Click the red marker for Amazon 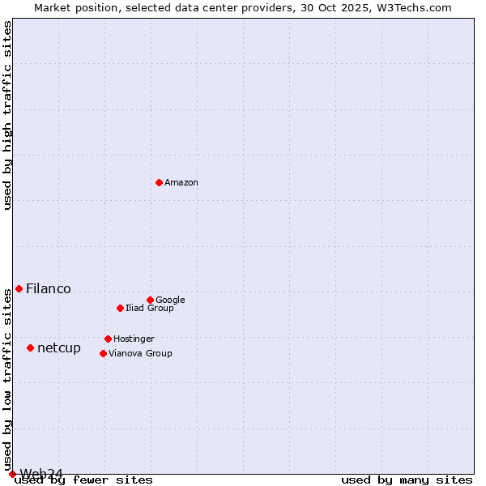tap(159, 182)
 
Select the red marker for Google tap(150, 300)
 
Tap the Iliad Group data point tap(120, 308)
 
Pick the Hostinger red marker tap(108, 339)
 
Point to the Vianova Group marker tap(103, 353)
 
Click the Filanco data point tap(19, 288)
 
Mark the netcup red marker tap(30, 347)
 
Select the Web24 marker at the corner tap(12, 474)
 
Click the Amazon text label tap(181, 182)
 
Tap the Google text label tap(170, 300)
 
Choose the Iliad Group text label tap(149, 308)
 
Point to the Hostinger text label tap(134, 339)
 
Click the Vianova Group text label tap(140, 353)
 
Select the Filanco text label tap(49, 288)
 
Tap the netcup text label tap(59, 347)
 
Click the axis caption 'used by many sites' tap(407, 480)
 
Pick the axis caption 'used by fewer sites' tap(83, 480)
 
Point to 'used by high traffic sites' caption tap(7, 115)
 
